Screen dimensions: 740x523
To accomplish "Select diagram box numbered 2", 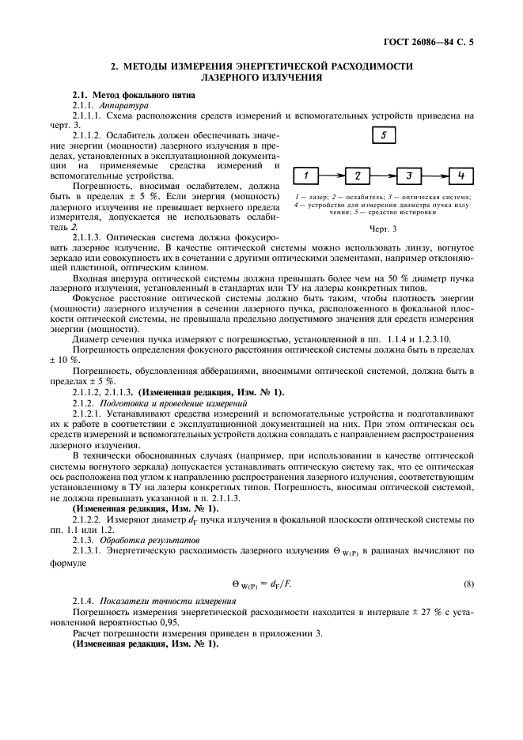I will coord(358,176).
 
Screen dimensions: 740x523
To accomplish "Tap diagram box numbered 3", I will coord(409,176).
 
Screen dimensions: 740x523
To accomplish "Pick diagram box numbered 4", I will coord(460,176).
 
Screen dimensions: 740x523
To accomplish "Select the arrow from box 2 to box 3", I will coord(383,176).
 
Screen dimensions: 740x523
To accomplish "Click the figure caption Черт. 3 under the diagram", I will coord(382,228).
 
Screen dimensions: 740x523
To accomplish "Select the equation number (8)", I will coord(468,583).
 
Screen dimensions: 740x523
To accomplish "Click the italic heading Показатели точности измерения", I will coord(161,602).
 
